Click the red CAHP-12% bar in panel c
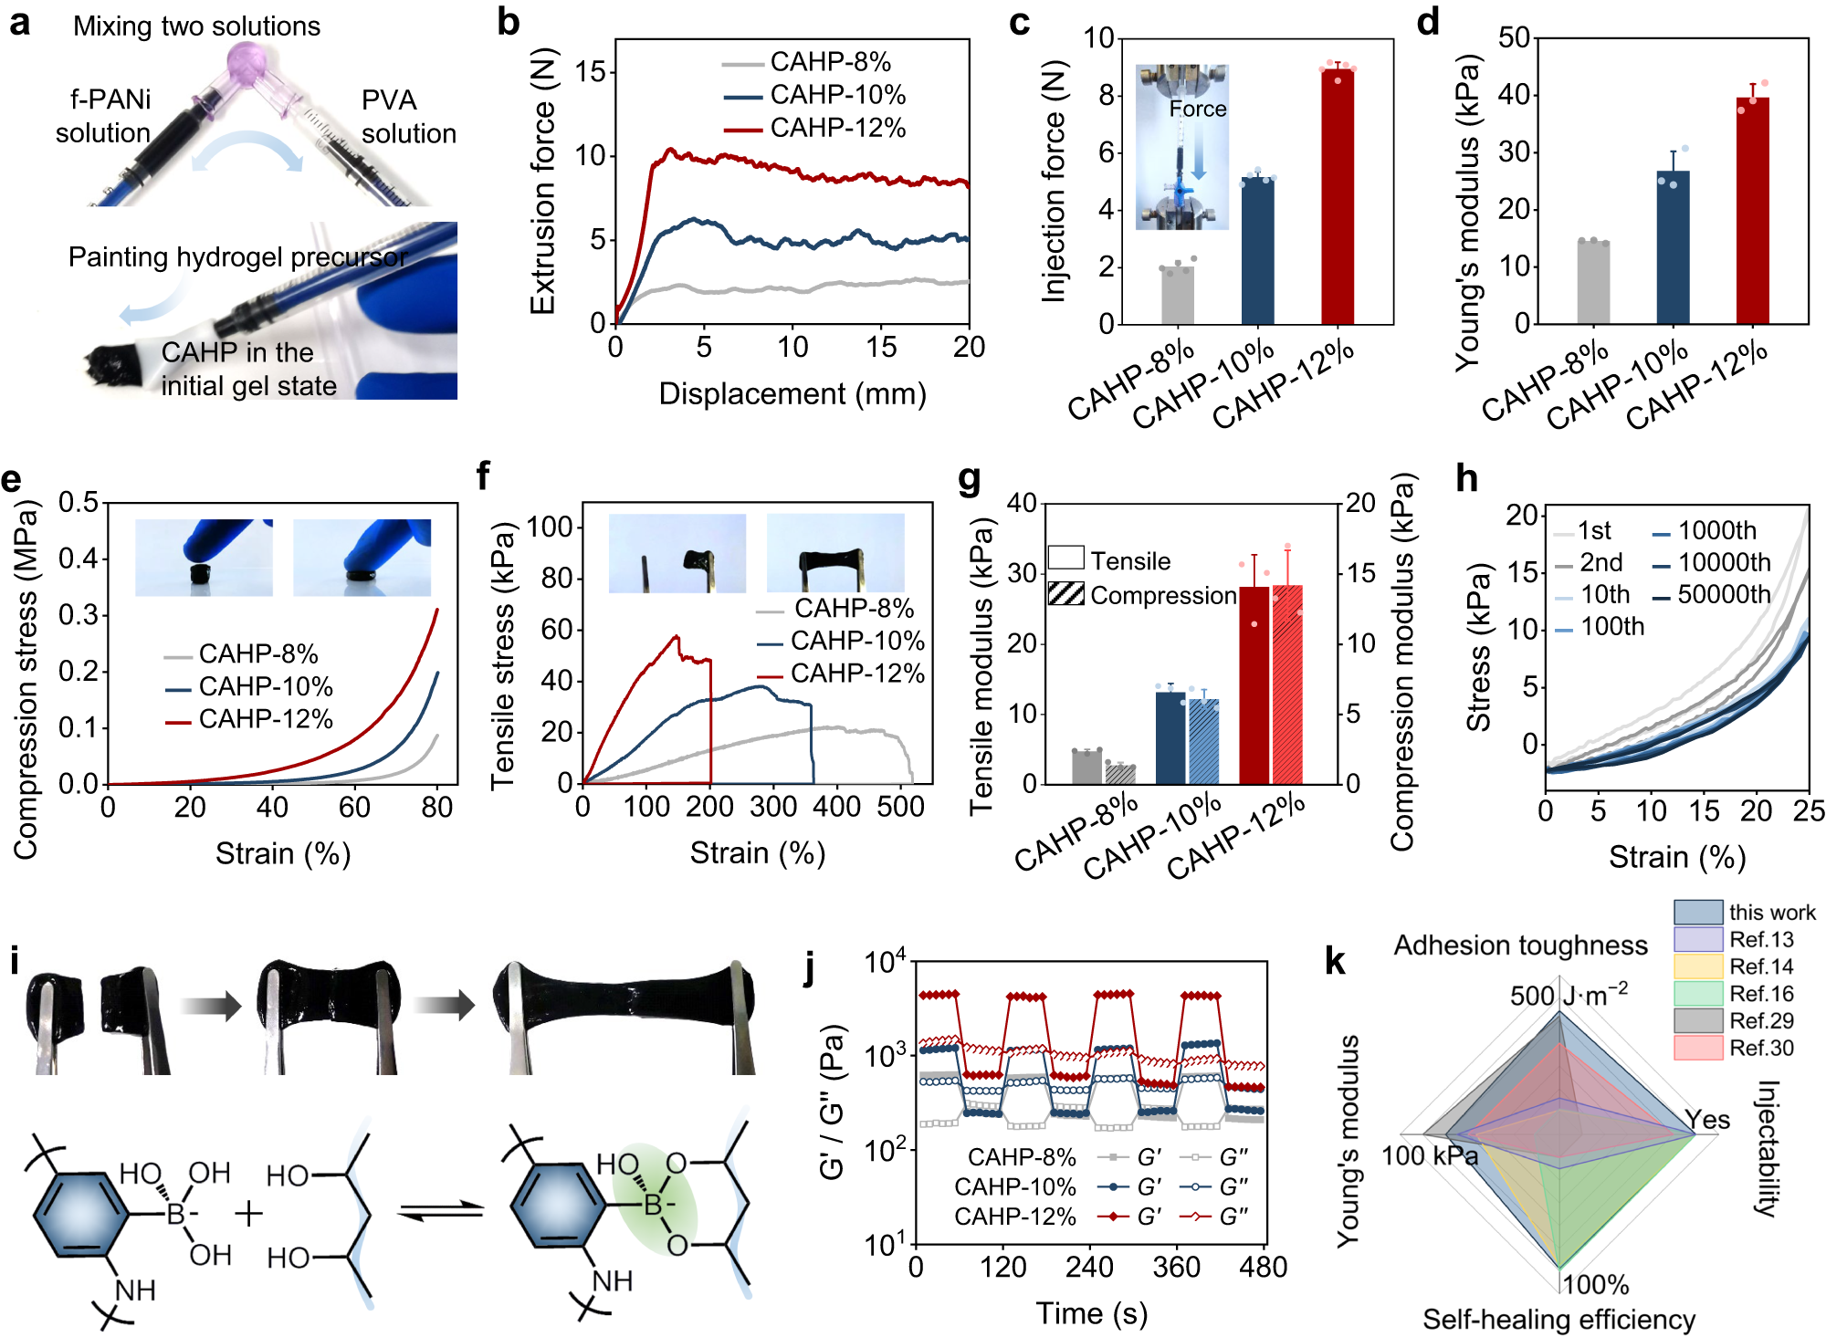coord(1338,196)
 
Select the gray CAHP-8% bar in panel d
coord(1593,283)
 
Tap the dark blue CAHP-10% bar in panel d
coord(1673,247)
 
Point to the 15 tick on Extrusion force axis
coord(592,72)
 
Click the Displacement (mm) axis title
coord(792,394)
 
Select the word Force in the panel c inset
coord(1198,109)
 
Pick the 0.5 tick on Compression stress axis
coord(79,502)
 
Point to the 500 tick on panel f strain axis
coord(900,807)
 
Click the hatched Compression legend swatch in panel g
coord(1065,594)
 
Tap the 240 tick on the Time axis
coord(1090,1267)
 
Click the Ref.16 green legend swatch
coord(1697,993)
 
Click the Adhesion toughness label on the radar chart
coord(1520,945)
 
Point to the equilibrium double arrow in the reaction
coord(442,1211)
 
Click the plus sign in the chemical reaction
coord(248,1213)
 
